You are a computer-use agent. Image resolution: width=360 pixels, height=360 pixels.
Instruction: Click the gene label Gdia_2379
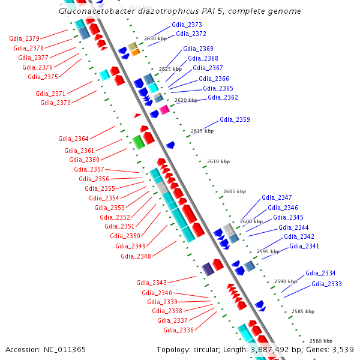coord(25,38)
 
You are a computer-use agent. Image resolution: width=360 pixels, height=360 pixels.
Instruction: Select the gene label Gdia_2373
coord(187,25)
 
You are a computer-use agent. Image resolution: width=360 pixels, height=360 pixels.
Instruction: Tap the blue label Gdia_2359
coord(235,119)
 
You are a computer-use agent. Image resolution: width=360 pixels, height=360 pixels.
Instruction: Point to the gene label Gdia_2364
coord(73,139)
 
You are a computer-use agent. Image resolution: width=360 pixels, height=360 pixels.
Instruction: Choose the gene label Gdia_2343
coord(151,282)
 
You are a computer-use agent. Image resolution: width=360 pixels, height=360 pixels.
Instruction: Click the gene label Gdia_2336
coord(178,330)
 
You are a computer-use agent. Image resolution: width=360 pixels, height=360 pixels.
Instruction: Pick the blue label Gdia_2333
coord(326,284)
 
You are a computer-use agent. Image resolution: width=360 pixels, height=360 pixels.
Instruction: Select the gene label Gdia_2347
coord(277,197)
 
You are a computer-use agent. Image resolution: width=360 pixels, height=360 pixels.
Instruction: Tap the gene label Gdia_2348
coord(136,256)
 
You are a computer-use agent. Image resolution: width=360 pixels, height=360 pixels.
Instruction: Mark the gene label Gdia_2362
coord(223,97)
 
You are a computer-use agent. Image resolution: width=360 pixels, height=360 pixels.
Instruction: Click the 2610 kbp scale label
coord(218,161)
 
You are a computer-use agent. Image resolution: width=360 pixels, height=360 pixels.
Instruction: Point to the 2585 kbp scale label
coord(302,312)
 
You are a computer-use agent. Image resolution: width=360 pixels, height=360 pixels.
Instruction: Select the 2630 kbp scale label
coord(155,38)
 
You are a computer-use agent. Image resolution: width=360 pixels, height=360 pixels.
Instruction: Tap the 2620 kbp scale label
coord(186,101)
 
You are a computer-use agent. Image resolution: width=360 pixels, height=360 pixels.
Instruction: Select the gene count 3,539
coord(343,349)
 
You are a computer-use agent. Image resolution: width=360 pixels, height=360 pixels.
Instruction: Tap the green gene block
coord(138,142)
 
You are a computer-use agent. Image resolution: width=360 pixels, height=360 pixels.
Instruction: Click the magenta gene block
coord(164,109)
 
